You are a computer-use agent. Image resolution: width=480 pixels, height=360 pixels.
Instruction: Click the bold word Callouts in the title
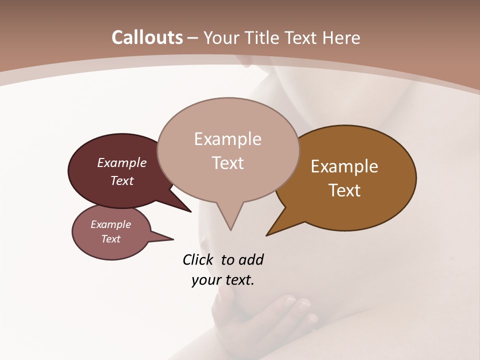click(x=147, y=38)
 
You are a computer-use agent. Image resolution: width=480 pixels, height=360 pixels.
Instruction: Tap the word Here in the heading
click(x=342, y=38)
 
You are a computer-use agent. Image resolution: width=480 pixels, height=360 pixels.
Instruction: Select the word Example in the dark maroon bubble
click(x=122, y=163)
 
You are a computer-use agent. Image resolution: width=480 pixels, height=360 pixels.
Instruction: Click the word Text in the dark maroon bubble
click(x=122, y=180)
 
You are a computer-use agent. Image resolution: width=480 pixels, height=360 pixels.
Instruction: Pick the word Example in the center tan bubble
click(x=227, y=139)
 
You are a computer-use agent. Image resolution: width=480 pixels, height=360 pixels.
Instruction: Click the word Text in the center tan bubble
click(x=227, y=163)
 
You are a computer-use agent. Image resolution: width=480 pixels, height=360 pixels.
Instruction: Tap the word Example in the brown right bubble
click(x=344, y=166)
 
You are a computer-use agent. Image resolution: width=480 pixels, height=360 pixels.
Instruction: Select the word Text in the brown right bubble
click(x=344, y=190)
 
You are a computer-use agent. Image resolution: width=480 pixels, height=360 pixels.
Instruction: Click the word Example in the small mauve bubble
click(x=110, y=224)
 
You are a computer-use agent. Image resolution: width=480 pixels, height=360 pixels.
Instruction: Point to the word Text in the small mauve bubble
click(x=110, y=239)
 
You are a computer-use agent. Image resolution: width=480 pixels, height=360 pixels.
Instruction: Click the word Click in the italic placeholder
click(x=198, y=260)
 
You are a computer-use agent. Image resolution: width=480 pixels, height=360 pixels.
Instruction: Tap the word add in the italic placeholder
click(x=251, y=260)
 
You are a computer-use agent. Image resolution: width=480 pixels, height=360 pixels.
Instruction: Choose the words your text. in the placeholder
click(x=223, y=280)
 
